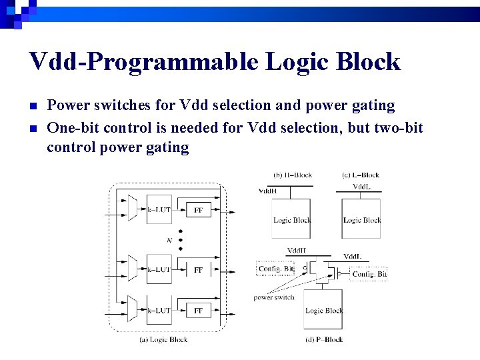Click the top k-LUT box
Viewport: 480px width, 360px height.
coord(159,210)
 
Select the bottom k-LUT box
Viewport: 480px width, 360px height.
coord(159,310)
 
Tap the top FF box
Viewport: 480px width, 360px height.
coord(198,210)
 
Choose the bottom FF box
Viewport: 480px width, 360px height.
coord(198,311)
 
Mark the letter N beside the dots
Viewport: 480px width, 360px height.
coord(169,240)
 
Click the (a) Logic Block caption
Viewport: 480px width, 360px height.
coord(163,339)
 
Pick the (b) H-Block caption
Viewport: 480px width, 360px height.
coord(292,175)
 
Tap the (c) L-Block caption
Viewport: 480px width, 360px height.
coord(361,175)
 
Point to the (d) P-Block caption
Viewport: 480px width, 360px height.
coord(324,339)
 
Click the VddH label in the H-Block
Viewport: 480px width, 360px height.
coord(268,191)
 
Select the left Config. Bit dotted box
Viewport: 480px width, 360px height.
coord(275,269)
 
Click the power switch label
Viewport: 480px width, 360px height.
coord(273,297)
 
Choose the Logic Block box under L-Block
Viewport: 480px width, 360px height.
coord(361,219)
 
